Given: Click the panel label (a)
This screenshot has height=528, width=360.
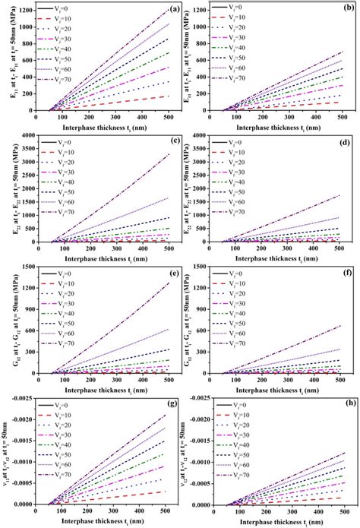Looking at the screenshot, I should point(173,10).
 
